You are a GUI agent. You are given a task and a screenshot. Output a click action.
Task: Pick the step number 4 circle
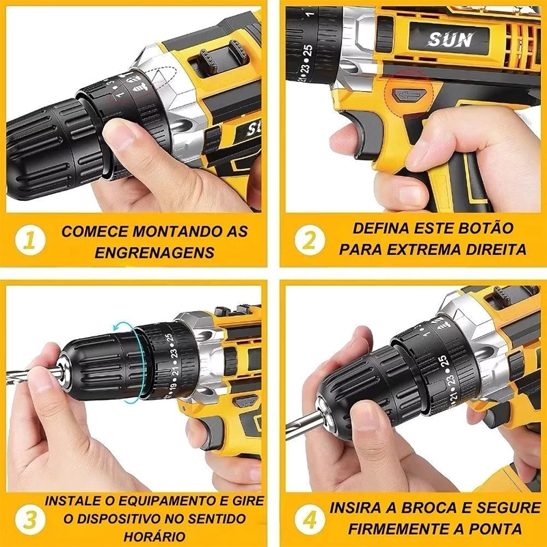tap(309, 518)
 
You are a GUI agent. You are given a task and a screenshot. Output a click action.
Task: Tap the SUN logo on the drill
tap(451, 39)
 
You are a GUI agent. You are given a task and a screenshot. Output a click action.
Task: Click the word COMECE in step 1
tap(90, 231)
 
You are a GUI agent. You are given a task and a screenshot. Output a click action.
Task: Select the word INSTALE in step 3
tap(72, 501)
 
